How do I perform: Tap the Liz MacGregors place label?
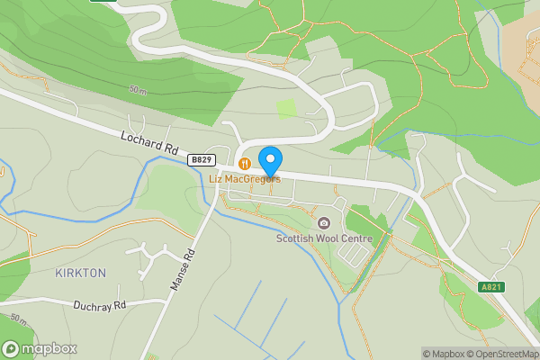click(x=245, y=178)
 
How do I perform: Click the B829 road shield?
click(x=202, y=159)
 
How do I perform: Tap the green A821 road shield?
click(x=490, y=287)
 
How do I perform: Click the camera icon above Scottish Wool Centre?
click(x=324, y=223)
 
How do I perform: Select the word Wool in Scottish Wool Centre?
click(x=331, y=238)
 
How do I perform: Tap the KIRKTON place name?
click(x=80, y=273)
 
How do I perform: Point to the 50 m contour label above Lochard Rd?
click(x=137, y=90)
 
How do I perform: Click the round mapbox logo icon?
click(x=12, y=348)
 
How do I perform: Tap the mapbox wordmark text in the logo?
click(x=49, y=348)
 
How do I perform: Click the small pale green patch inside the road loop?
click(x=286, y=110)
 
